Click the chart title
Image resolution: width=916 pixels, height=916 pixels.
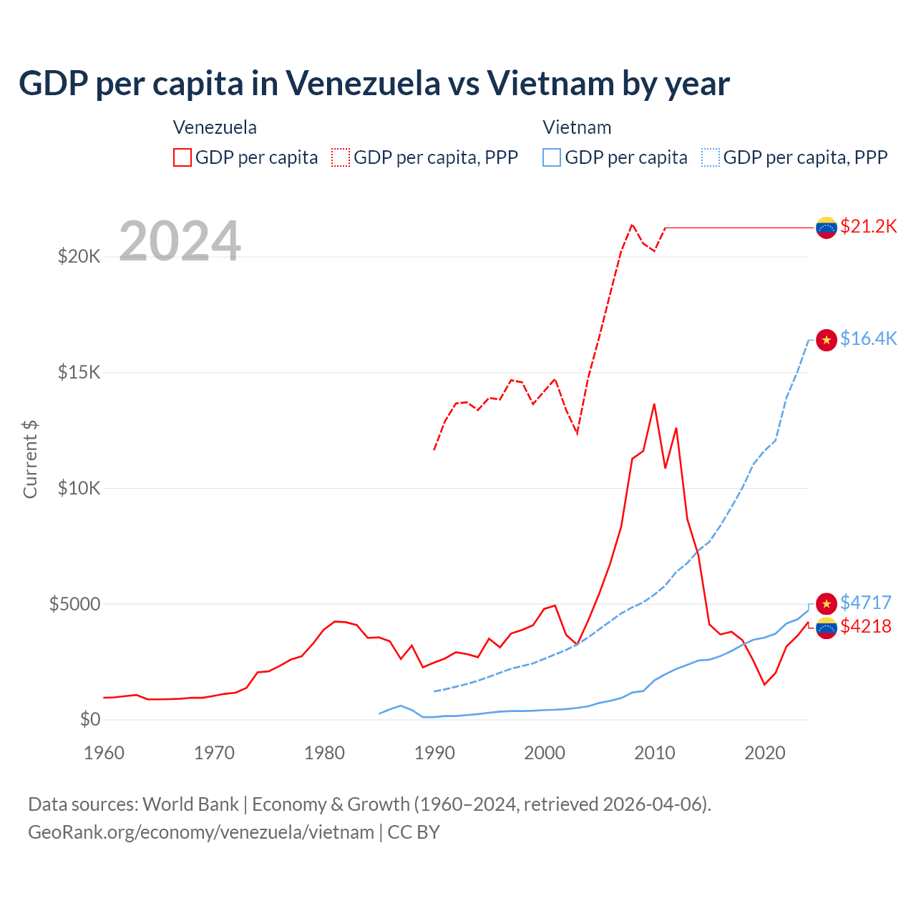374,84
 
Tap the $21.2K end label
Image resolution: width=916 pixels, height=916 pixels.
868,227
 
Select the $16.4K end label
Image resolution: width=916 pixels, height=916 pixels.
868,338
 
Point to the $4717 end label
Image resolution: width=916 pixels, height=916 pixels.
865,603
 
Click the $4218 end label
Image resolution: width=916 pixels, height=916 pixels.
865,626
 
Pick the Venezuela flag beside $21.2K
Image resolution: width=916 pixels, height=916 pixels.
827,228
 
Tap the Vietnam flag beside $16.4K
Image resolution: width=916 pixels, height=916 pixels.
827,340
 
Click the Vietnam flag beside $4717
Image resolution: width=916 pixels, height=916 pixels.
827,603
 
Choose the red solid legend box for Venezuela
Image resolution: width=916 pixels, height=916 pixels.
182,157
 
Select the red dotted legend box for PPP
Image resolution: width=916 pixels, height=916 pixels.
341,157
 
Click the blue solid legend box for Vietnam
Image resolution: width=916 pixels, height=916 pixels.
552,157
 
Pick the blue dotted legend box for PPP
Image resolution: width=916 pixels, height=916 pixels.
711,157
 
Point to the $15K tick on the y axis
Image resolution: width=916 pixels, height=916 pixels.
79,372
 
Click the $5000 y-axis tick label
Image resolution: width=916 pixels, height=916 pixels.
74,604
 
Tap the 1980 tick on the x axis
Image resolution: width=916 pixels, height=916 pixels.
324,753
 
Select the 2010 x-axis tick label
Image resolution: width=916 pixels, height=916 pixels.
655,753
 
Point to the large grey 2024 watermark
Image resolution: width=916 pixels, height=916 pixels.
180,241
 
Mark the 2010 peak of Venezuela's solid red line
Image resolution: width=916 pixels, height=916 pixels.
654,404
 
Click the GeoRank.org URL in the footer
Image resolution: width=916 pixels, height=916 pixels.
201,832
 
